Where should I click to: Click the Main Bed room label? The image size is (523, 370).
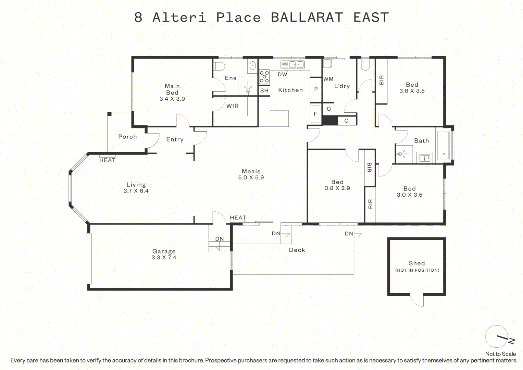pos(172,89)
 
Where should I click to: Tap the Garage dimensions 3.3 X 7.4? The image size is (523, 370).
pos(164,257)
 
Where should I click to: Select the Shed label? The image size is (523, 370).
pos(417,263)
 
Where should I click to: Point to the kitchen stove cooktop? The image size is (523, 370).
pos(264,77)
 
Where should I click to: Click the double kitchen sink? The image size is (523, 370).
pos(292,64)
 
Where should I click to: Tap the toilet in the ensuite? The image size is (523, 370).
pos(219,66)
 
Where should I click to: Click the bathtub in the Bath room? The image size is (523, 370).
pos(444,145)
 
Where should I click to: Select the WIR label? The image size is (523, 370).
pos(233,106)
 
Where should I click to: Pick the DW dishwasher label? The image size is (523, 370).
pos(283,75)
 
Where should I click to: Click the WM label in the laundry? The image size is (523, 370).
pos(328,79)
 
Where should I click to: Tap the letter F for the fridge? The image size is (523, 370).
pos(315,114)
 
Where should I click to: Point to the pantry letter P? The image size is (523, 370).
pos(316,89)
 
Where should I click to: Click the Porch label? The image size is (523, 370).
pos(127,137)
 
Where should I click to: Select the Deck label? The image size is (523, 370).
pos(297,250)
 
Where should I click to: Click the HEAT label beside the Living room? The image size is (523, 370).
pos(107,160)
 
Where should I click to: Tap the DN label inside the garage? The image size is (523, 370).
pos(220,239)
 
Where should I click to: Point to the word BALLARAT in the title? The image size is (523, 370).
pos(307,17)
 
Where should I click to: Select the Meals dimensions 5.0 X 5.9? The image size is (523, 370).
pos(251,177)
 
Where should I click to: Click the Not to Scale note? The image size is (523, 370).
pos(501,354)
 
